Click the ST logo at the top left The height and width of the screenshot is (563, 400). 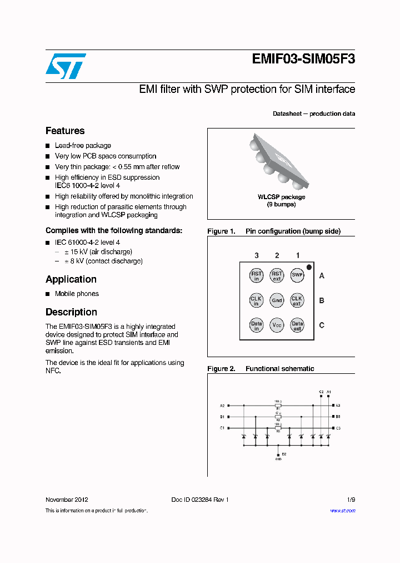[66, 66]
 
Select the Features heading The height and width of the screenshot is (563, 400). [65, 131]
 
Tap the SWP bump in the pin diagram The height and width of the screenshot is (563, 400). [297, 275]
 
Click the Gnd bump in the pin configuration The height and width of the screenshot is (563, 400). [277, 300]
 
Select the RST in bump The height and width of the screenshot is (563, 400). [256, 275]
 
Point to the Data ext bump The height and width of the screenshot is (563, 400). [297, 325]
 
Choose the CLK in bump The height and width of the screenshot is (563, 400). [256, 300]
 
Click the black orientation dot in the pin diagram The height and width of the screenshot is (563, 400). [309, 267]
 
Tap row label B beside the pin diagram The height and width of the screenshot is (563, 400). [322, 300]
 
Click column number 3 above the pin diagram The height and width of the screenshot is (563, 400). [256, 255]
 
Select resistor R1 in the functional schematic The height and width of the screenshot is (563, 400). [278, 406]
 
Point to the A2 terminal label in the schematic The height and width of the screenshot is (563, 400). [222, 406]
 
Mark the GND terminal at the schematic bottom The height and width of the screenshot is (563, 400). [278, 455]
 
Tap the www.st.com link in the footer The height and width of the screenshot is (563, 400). [343, 510]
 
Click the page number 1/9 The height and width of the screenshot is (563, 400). [351, 500]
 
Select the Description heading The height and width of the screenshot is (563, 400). [71, 312]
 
